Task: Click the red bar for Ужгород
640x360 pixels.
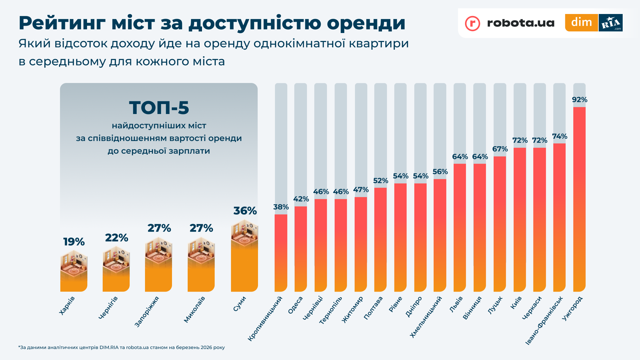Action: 579,200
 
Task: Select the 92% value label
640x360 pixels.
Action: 580,100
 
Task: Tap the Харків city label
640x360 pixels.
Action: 67,305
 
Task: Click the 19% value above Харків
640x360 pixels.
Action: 74,242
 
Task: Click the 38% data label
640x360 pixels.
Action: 281,207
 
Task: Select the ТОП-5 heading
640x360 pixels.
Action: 159,108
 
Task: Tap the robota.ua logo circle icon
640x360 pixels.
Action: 472,23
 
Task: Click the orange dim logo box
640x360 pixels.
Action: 581,23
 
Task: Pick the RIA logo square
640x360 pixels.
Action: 610,23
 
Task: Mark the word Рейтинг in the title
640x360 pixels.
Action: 62,23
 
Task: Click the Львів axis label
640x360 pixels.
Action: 456,304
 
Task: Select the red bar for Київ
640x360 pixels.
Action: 520,220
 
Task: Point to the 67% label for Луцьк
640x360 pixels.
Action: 500,149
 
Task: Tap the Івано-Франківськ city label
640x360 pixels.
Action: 544,320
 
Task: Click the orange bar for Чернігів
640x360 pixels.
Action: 116,282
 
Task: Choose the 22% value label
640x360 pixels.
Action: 116,238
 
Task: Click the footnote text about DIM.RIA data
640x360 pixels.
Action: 122,347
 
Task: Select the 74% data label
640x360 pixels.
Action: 560,136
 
